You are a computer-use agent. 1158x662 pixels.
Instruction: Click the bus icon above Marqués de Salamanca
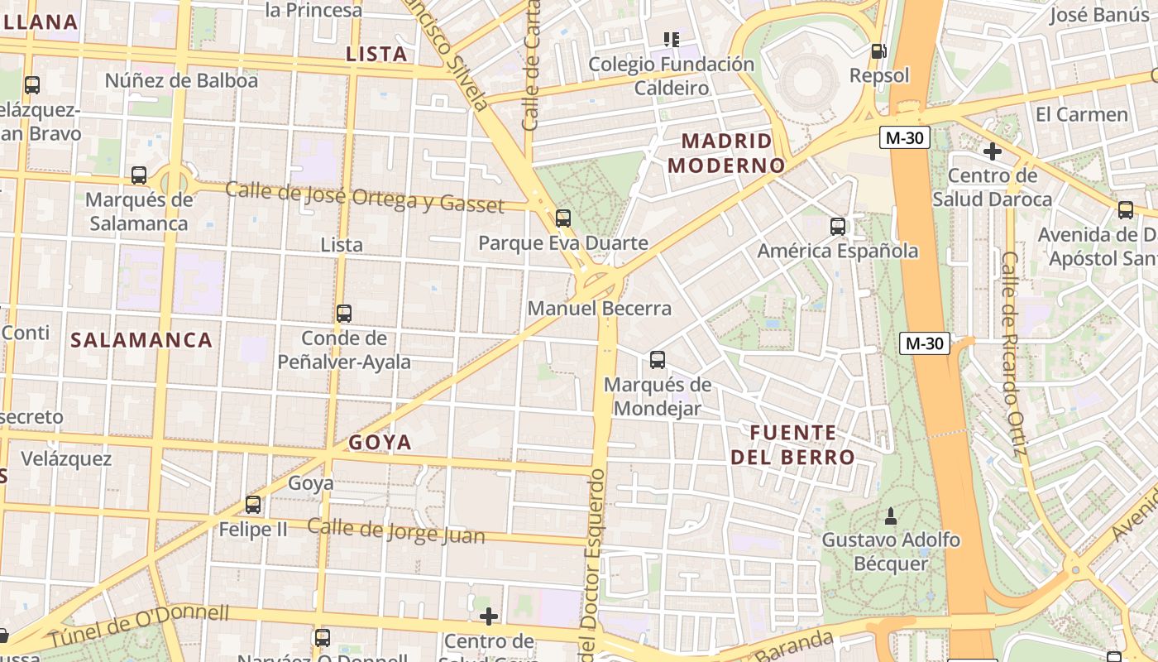tap(139, 175)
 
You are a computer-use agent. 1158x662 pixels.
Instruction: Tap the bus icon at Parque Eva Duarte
tap(563, 218)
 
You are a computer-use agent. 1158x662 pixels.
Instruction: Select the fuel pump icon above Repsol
tap(878, 51)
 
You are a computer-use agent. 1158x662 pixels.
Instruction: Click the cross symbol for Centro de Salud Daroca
tap(992, 151)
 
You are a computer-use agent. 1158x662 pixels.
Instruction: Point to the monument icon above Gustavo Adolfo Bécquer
tap(890, 516)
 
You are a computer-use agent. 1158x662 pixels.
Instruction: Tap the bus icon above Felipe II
tap(253, 505)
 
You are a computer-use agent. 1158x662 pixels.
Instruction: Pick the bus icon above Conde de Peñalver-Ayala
tap(344, 314)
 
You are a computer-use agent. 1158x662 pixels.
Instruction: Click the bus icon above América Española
tap(838, 226)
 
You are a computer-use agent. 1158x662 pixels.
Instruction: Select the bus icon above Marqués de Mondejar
tap(658, 360)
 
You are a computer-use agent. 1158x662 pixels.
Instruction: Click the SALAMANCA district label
tap(141, 340)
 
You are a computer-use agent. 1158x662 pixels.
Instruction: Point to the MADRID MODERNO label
tap(726, 153)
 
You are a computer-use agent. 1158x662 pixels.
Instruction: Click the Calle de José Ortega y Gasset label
tap(364, 197)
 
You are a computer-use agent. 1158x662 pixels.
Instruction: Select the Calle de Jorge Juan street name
tap(395, 530)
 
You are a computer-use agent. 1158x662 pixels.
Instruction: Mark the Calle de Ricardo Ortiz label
tap(1012, 353)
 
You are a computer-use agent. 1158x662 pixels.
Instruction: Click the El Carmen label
tap(1081, 114)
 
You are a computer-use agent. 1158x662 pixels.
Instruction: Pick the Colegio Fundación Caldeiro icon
tap(672, 39)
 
